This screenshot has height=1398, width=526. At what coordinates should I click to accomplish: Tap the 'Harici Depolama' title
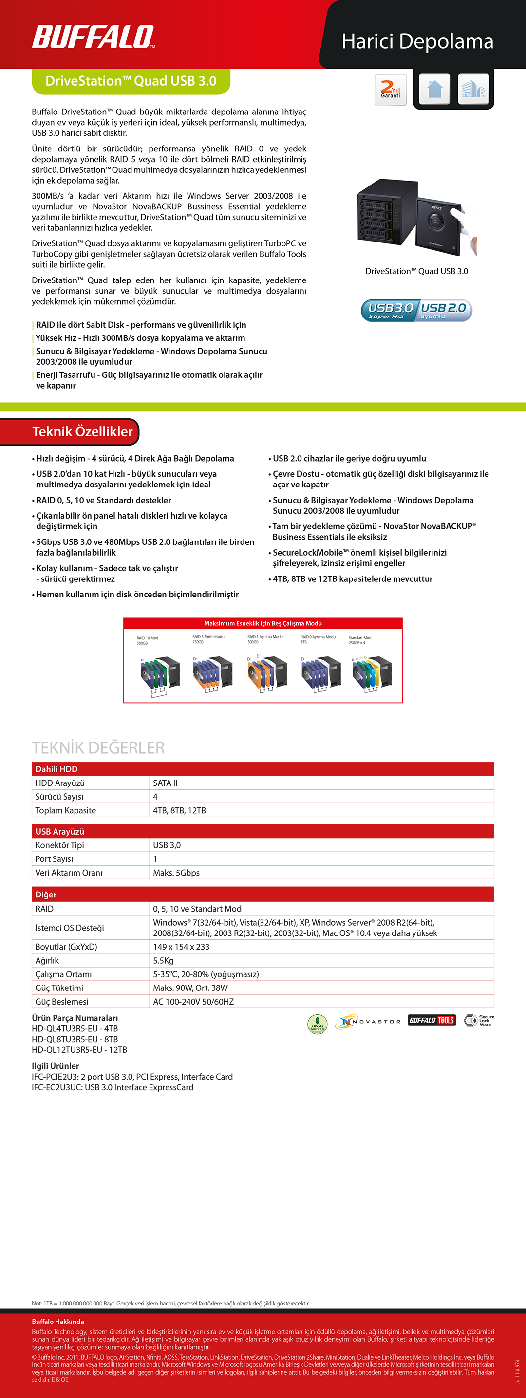(x=417, y=42)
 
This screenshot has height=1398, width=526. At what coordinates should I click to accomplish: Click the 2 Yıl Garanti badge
(x=390, y=90)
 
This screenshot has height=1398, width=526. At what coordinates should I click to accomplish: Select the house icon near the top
(x=434, y=89)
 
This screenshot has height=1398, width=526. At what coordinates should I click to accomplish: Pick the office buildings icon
(x=473, y=89)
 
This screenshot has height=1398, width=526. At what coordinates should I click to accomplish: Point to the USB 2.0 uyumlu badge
(x=444, y=311)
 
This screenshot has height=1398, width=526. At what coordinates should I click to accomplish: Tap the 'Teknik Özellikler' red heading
(x=82, y=431)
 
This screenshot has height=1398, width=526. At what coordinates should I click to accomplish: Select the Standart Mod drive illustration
(x=371, y=673)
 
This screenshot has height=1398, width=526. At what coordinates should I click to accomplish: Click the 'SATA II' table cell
(x=165, y=783)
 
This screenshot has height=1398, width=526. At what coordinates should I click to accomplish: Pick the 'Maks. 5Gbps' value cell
(x=176, y=873)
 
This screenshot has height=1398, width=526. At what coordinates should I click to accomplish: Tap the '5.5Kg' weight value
(x=163, y=961)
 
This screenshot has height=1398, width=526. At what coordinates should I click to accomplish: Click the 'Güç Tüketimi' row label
(x=59, y=988)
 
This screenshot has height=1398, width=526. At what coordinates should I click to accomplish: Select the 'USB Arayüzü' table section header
(x=60, y=831)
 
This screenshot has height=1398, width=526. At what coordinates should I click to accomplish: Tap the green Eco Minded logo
(x=317, y=1024)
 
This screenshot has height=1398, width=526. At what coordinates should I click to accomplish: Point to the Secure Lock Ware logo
(x=479, y=1021)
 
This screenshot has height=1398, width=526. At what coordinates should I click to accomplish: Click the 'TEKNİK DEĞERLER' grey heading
(x=98, y=747)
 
